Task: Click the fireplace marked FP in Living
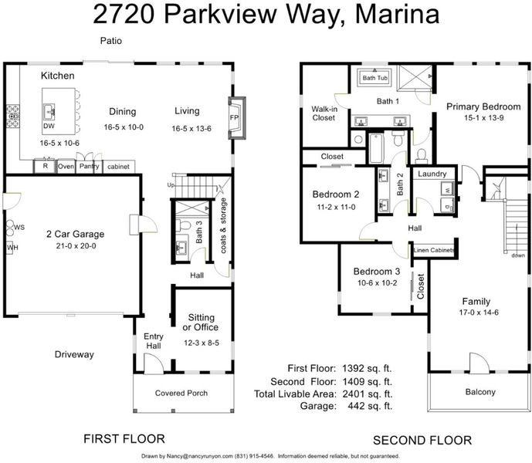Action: pos(237,118)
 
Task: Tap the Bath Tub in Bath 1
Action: pos(374,78)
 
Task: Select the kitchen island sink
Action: pos(49,112)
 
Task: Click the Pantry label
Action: pos(90,166)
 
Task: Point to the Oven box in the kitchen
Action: pos(66,167)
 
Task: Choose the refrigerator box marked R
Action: pos(45,166)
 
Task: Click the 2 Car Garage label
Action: pos(76,234)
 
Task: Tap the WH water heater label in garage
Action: pos(12,248)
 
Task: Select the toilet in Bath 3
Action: pos(183,225)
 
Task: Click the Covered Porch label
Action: pos(181,393)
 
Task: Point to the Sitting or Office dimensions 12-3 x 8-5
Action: pos(202,343)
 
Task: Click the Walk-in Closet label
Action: pos(324,113)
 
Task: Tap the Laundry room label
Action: pos(432,174)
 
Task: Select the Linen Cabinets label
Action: pos(434,250)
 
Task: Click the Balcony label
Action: pos(480,392)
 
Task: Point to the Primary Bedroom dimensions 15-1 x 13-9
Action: pos(484,118)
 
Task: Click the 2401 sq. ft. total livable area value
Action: pos(368,394)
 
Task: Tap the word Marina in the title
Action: pos(397,14)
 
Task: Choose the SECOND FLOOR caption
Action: pos(422,441)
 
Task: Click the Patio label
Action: pos(111,41)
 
